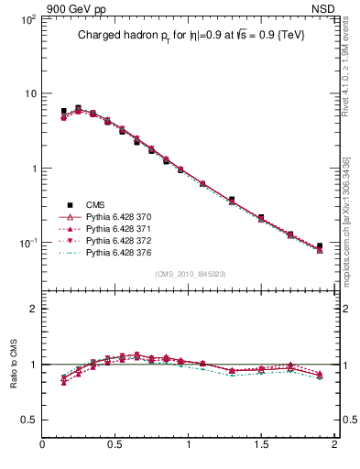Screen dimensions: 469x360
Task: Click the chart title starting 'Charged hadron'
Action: pyautogui.click(x=191, y=35)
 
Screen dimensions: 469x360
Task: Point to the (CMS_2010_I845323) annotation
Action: pyautogui.click(x=191, y=274)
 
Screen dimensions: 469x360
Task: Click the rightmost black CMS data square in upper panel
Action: pyautogui.click(x=320, y=246)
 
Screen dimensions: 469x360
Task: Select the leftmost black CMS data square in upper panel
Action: pyautogui.click(x=63, y=112)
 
